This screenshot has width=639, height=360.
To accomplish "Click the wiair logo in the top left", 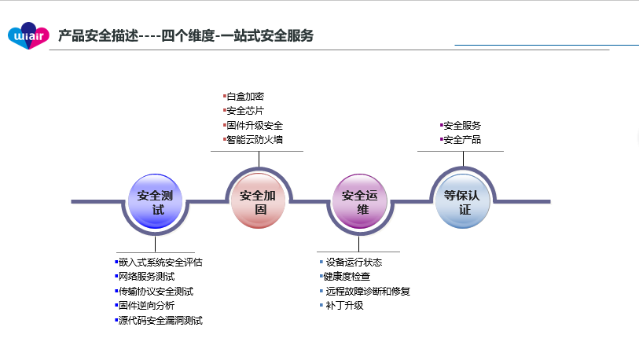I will pyautogui.click(x=29, y=34).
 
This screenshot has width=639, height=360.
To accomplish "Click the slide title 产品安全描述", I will pyautogui.click(x=185, y=35).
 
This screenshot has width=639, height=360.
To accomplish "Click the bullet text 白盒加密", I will pyautogui.click(x=245, y=97).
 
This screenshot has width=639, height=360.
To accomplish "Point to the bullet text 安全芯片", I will pyautogui.click(x=245, y=111).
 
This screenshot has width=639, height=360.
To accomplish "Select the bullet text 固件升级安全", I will pyautogui.click(x=255, y=126).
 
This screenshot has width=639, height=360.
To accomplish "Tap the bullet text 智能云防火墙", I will pyautogui.click(x=255, y=140).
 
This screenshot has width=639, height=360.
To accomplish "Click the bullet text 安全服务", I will pyautogui.click(x=462, y=126).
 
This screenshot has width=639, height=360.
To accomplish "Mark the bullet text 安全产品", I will pyautogui.click(x=462, y=140).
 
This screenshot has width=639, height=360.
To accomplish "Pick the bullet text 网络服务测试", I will pyautogui.click(x=146, y=277).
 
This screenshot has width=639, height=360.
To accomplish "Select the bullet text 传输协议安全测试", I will pyautogui.click(x=156, y=292).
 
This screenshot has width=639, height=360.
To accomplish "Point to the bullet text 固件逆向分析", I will pyautogui.click(x=146, y=306).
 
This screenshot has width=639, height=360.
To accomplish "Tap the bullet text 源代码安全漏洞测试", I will pyautogui.click(x=160, y=321).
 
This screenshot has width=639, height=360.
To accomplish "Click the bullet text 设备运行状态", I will pyautogui.click(x=354, y=263).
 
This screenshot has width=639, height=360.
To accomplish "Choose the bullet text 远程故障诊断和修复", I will pyautogui.click(x=368, y=292).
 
